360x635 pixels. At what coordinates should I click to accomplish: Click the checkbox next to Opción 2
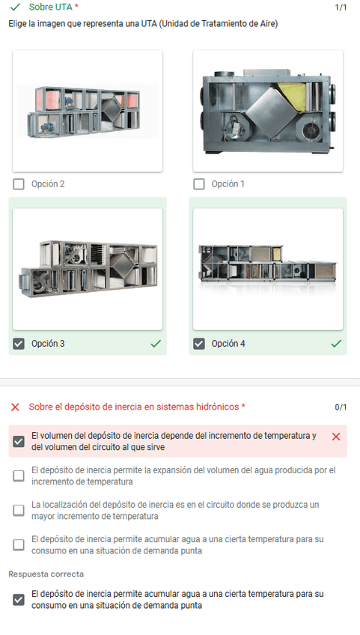[19, 184]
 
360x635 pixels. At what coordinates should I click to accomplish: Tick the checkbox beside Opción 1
[199, 184]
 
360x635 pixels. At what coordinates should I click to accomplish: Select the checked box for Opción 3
[19, 344]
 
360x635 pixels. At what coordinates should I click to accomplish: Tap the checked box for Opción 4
[199, 344]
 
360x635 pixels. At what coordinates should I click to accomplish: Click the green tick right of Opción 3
[156, 344]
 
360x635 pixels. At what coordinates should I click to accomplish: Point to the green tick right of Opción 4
[336, 344]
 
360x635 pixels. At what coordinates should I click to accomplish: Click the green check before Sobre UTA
[16, 7]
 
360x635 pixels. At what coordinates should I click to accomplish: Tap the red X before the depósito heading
[16, 407]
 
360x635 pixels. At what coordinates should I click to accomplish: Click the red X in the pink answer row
[336, 437]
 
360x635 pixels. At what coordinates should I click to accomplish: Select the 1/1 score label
[341, 7]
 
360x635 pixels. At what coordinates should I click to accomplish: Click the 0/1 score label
[341, 407]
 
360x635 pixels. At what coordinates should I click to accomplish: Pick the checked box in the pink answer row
[19, 441]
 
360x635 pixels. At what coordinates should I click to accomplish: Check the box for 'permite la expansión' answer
[19, 476]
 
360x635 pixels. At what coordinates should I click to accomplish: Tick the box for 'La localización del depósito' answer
[19, 510]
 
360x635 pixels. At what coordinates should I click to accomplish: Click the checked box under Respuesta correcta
[19, 600]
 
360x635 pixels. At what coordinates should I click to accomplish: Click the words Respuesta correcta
[46, 574]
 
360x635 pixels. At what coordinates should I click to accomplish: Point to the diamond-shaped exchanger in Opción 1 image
[269, 115]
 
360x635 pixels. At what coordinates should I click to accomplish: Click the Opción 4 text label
[228, 344]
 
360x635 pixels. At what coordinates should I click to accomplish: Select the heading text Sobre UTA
[51, 7]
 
